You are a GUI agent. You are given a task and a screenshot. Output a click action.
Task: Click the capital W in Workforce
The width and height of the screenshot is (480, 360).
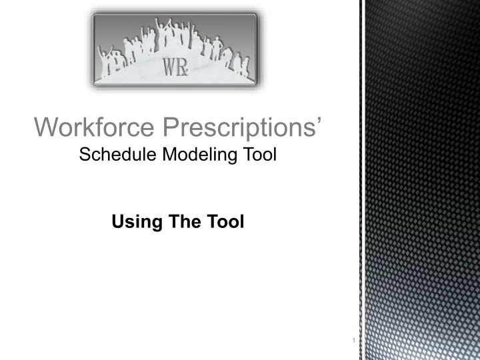45,127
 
